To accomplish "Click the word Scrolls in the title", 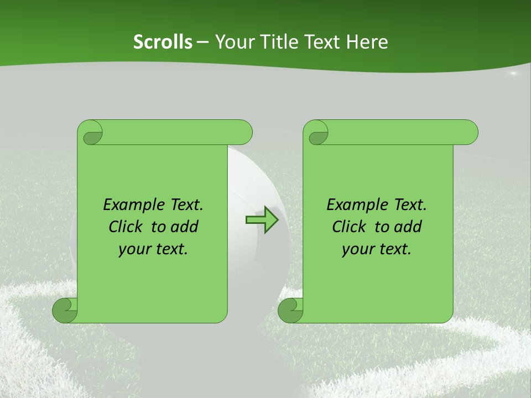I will tap(163, 41).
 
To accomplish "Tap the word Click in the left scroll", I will tap(127, 227).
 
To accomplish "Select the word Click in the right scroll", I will tap(350, 227).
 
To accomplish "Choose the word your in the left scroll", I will tap(133, 249).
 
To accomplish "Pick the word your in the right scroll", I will tap(357, 249).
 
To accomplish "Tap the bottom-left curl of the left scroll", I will tap(65, 310).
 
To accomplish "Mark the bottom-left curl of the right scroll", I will tap(291, 310).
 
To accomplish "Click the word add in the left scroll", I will tap(185, 227).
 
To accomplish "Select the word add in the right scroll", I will tap(408, 227).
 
